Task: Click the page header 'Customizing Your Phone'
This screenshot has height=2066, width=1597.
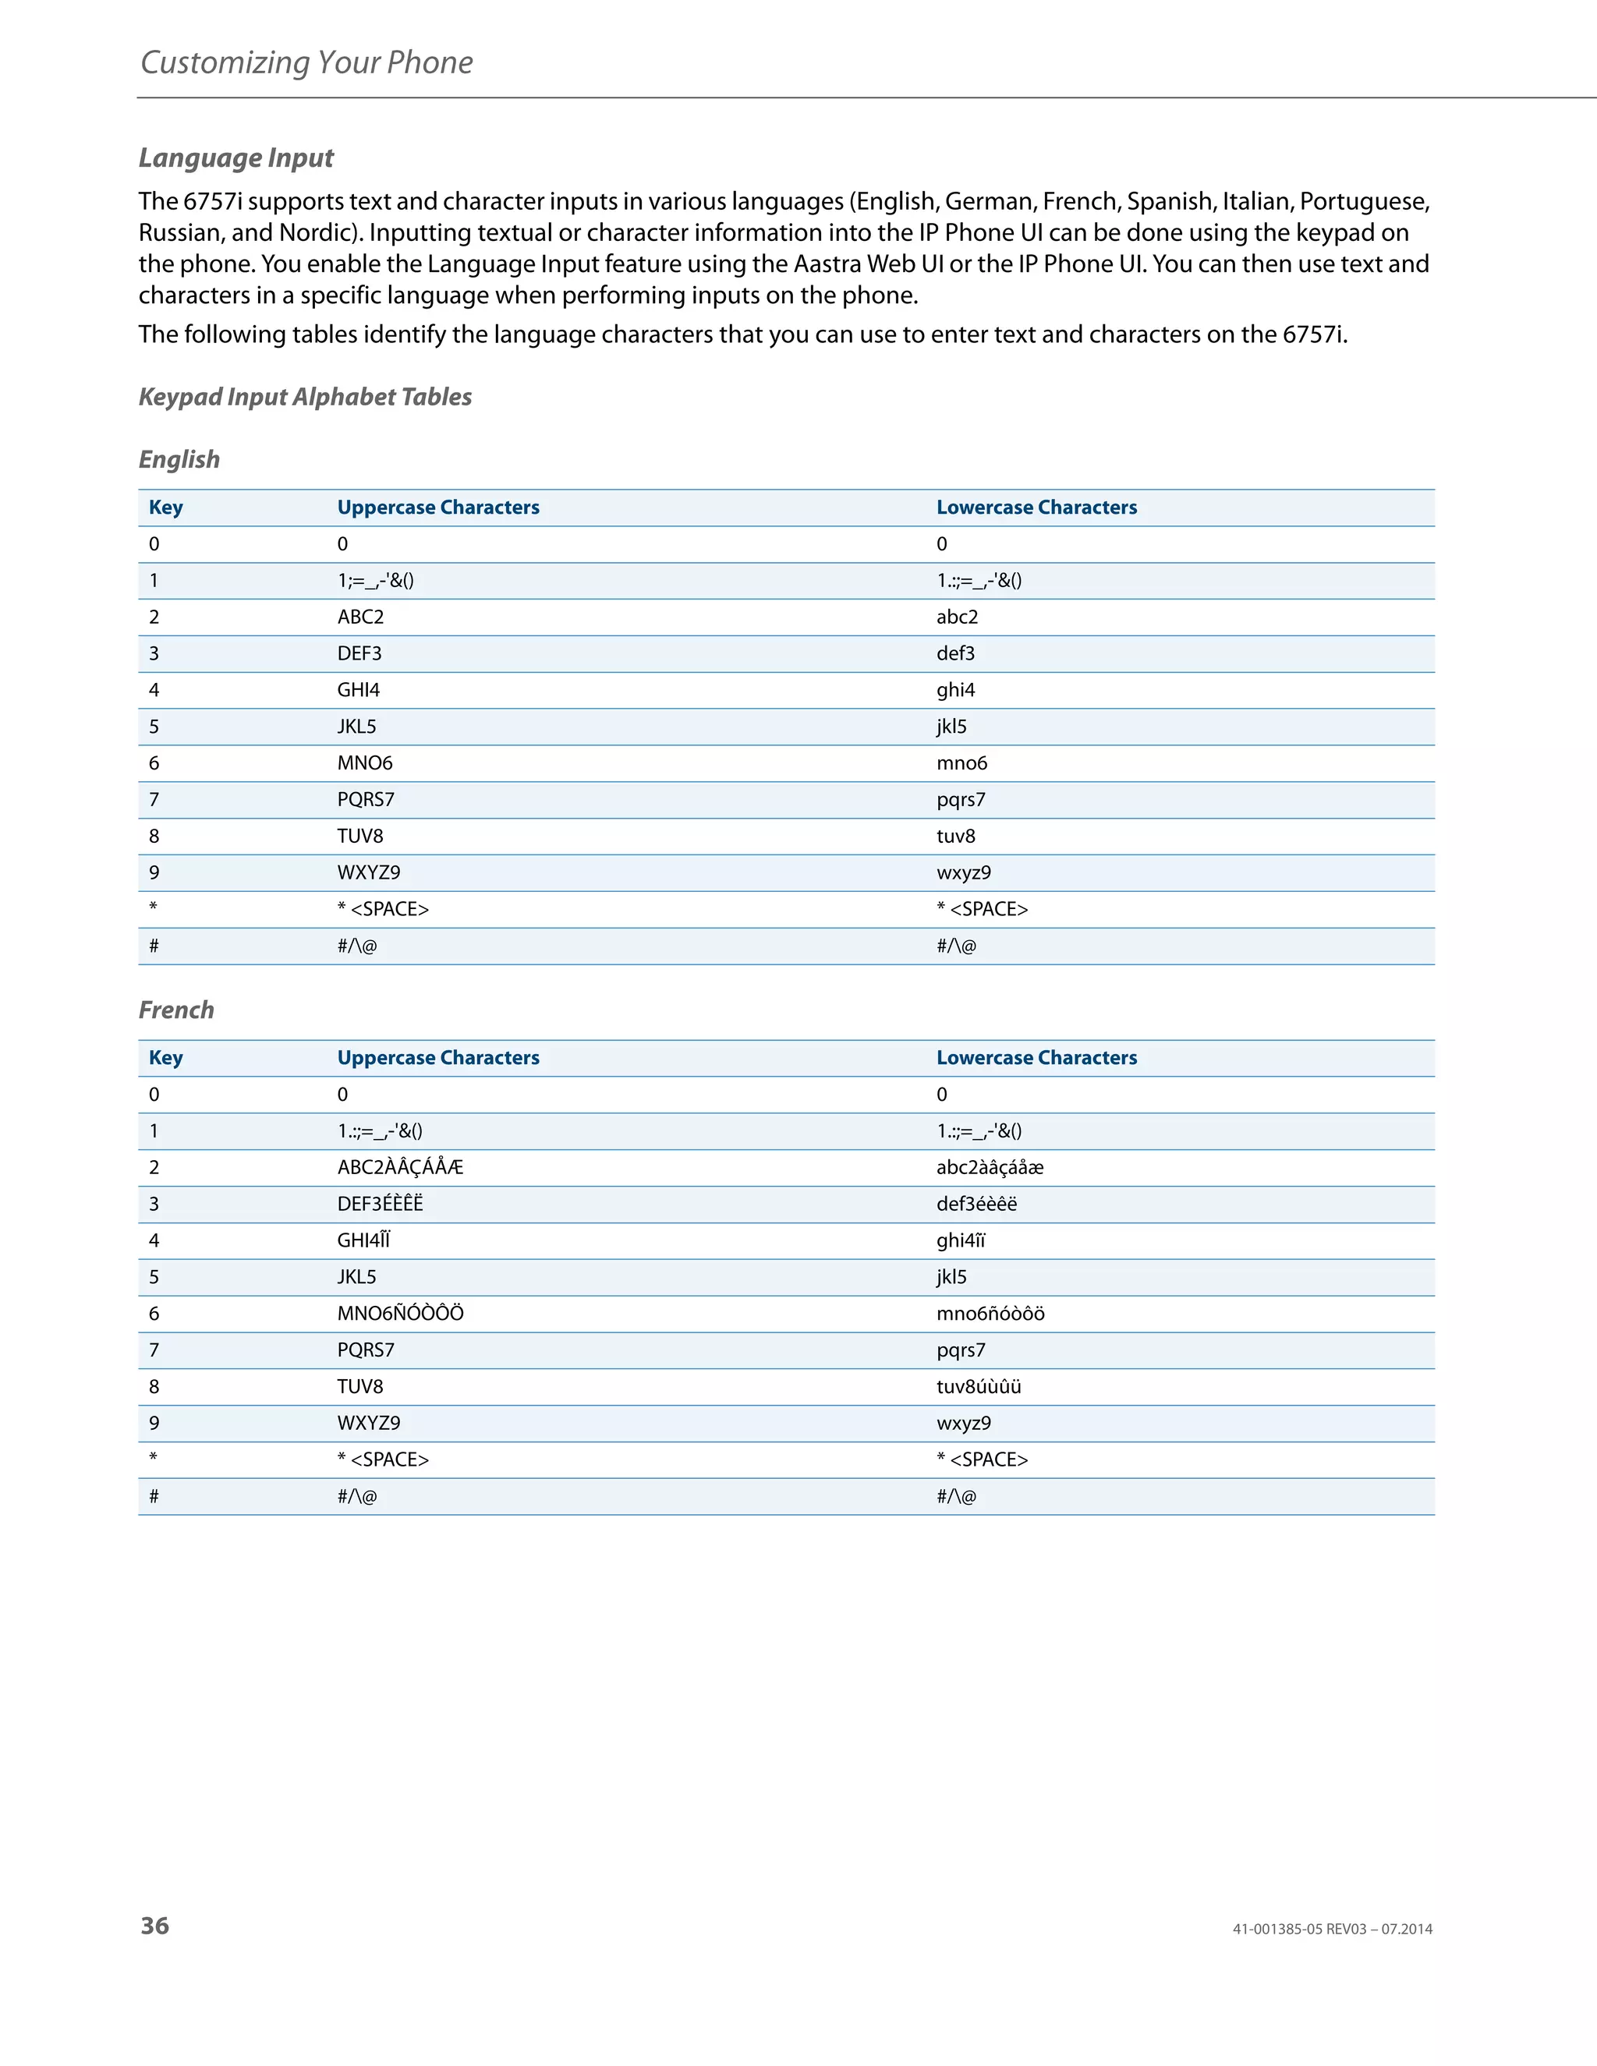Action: (x=306, y=62)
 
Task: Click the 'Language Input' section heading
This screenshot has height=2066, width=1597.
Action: (x=235, y=158)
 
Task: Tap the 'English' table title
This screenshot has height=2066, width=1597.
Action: (x=179, y=460)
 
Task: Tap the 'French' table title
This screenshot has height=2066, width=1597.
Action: (x=176, y=1010)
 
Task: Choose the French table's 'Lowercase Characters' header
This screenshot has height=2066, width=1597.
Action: (x=1036, y=1059)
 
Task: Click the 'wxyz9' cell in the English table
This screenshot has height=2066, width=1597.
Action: (x=963, y=873)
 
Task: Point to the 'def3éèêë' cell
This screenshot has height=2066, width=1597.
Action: (x=976, y=1205)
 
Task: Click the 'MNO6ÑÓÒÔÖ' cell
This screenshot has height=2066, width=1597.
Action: (x=400, y=1314)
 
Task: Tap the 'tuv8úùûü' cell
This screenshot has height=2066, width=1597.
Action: (x=979, y=1388)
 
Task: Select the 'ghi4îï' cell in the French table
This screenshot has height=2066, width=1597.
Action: (x=960, y=1241)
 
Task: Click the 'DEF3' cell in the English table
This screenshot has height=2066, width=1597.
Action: (x=359, y=653)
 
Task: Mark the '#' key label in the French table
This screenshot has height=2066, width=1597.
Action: (x=154, y=1497)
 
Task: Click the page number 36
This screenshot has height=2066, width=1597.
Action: (x=155, y=1926)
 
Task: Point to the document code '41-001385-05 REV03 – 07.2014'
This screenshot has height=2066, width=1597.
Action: (x=1331, y=1930)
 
